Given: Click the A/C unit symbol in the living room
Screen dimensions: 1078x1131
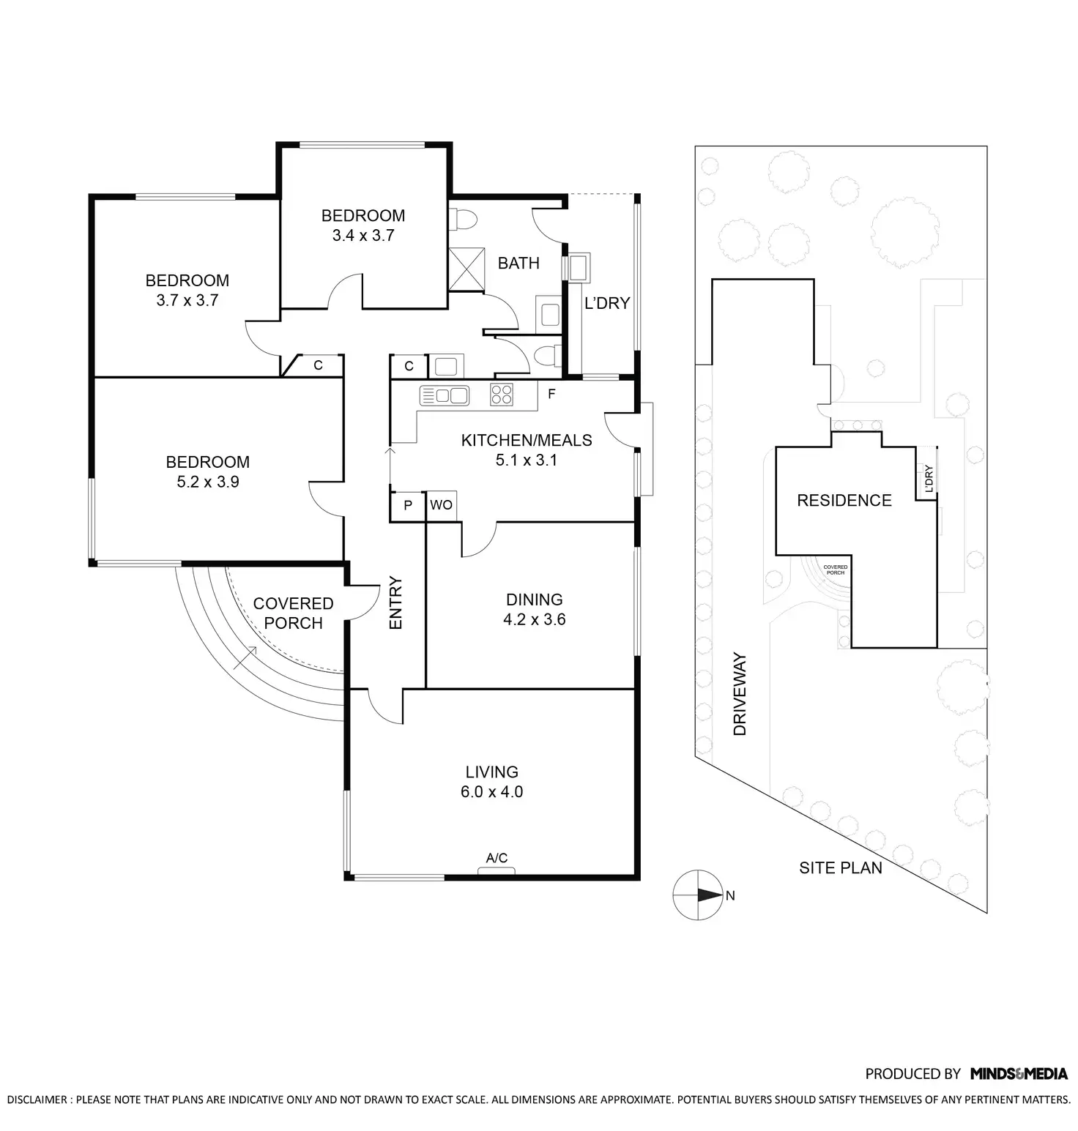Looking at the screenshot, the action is point(497,870).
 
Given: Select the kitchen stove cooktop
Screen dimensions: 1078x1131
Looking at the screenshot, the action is point(502,395).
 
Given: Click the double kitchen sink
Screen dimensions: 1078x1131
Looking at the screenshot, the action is point(444,396).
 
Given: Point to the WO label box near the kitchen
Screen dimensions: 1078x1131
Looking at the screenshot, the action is point(441,505).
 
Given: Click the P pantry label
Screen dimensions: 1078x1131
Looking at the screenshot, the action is point(408,505).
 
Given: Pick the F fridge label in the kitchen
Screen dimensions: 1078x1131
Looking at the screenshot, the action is point(551,395).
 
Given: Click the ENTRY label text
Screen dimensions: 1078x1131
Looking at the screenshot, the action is point(395,603).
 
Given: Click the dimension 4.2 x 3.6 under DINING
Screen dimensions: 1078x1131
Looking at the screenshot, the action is point(534,619).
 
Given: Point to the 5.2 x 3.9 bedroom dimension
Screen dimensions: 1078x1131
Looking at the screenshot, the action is point(207,482).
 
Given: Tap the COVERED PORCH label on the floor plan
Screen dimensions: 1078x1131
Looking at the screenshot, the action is point(293,613).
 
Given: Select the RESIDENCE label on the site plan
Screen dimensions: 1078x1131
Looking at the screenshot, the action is point(844,501).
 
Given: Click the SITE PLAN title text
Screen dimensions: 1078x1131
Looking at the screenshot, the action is point(840,868).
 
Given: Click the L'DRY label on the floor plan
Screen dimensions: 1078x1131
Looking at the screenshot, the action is point(606,303).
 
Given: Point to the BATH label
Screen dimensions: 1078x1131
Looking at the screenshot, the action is point(518,263).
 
